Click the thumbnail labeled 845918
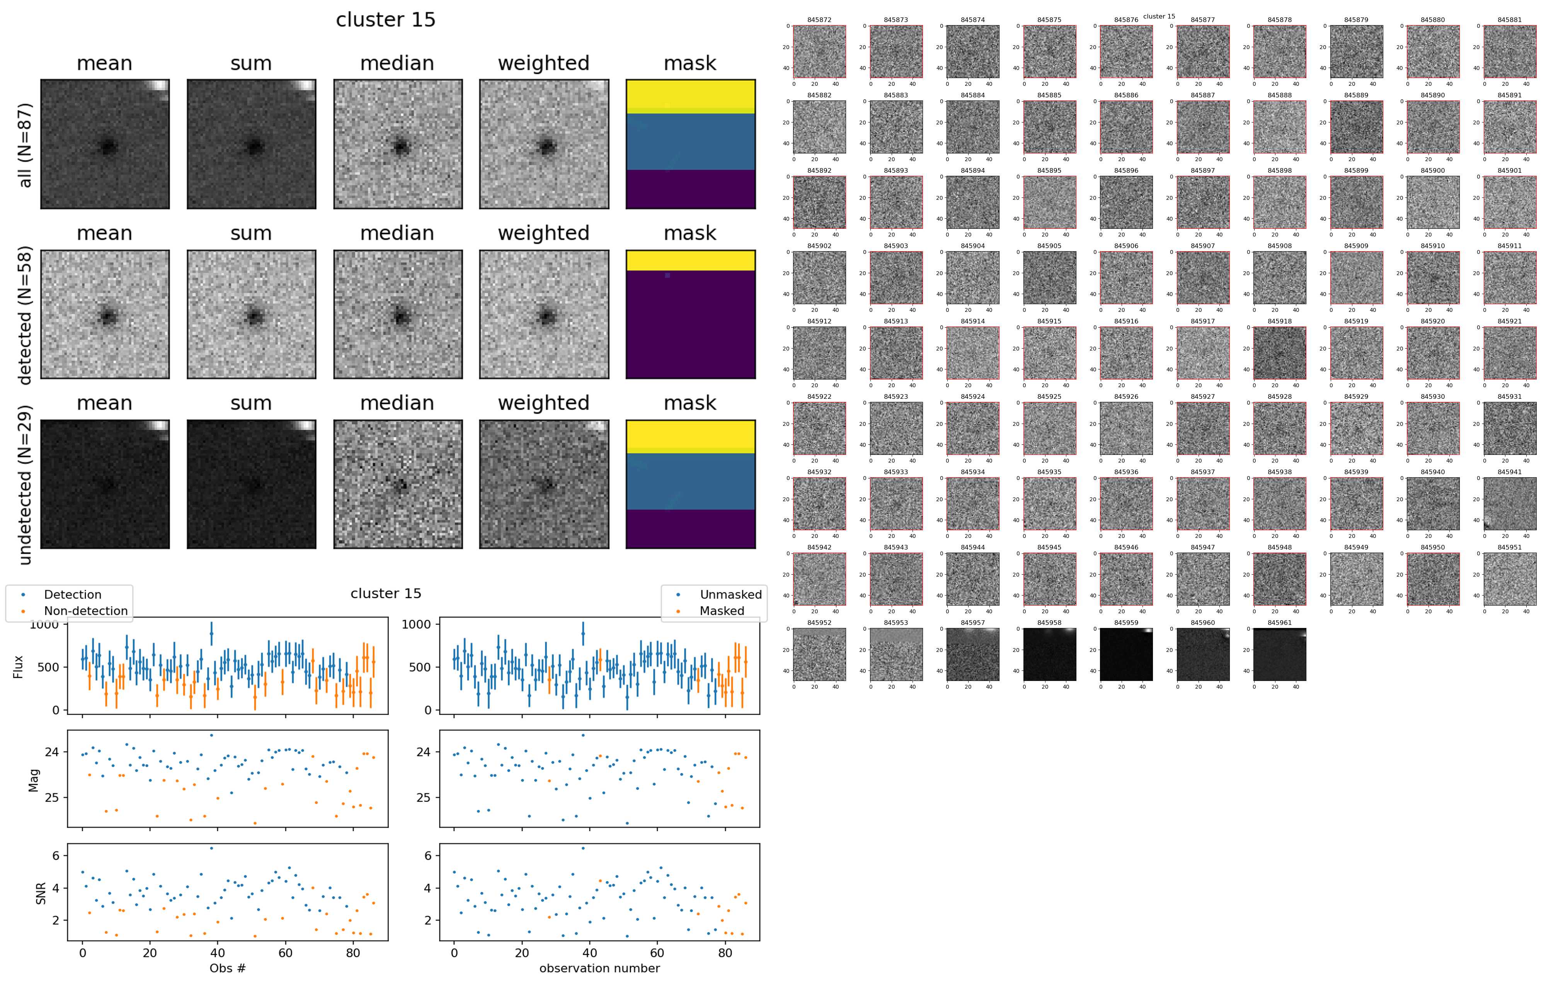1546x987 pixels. pyautogui.click(x=1280, y=353)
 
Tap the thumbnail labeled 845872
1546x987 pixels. pyautogui.click(x=819, y=51)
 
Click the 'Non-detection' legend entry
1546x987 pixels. pyautogui.click(x=85, y=611)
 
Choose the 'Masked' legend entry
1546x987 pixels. pyautogui.click(x=722, y=611)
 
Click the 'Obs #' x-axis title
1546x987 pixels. pyautogui.click(x=227, y=968)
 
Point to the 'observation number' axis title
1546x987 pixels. pyautogui.click(x=599, y=968)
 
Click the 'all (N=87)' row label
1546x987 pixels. pyautogui.click(x=25, y=145)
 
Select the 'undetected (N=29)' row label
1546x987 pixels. pyautogui.click(x=25, y=485)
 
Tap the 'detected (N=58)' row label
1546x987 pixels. pyautogui.click(x=25, y=315)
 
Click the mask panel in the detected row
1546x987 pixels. pyautogui.click(x=690, y=315)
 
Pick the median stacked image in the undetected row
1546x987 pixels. pyautogui.click(x=397, y=485)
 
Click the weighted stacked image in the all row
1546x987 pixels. pyautogui.click(x=544, y=145)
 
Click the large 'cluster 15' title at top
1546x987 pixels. pyautogui.click(x=385, y=20)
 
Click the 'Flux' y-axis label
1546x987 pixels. pyautogui.click(x=18, y=666)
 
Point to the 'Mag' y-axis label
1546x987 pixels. pyautogui.click(x=33, y=780)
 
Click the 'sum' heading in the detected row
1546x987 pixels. pyautogui.click(x=251, y=233)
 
